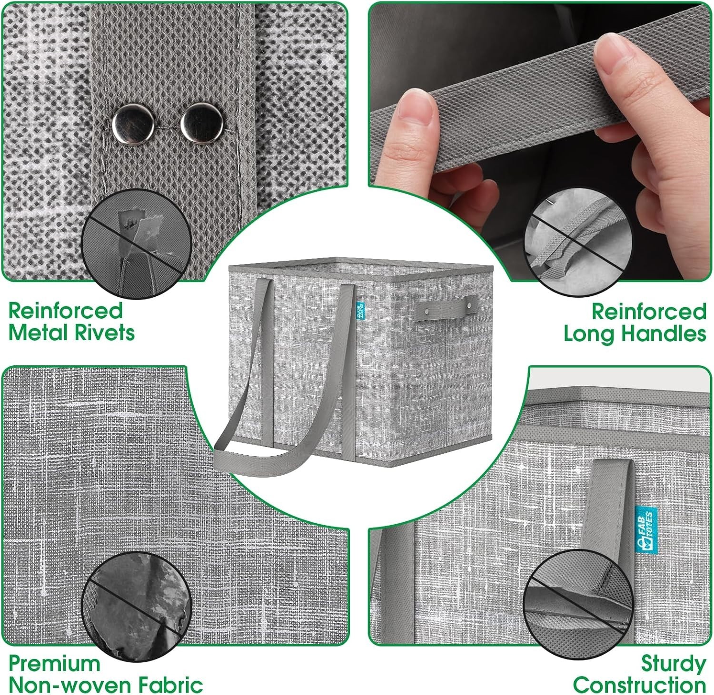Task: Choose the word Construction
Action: (640, 685)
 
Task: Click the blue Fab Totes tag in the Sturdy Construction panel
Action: (646, 530)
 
